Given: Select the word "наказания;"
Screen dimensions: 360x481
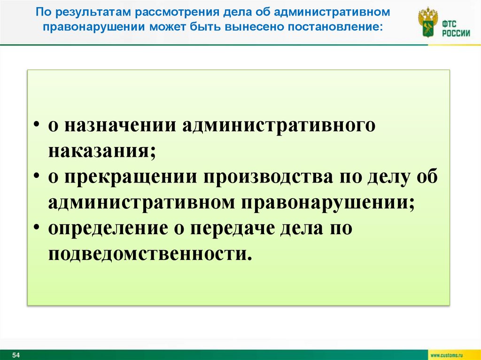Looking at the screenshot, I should (101, 152).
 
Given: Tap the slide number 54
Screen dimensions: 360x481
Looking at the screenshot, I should (16, 354).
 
